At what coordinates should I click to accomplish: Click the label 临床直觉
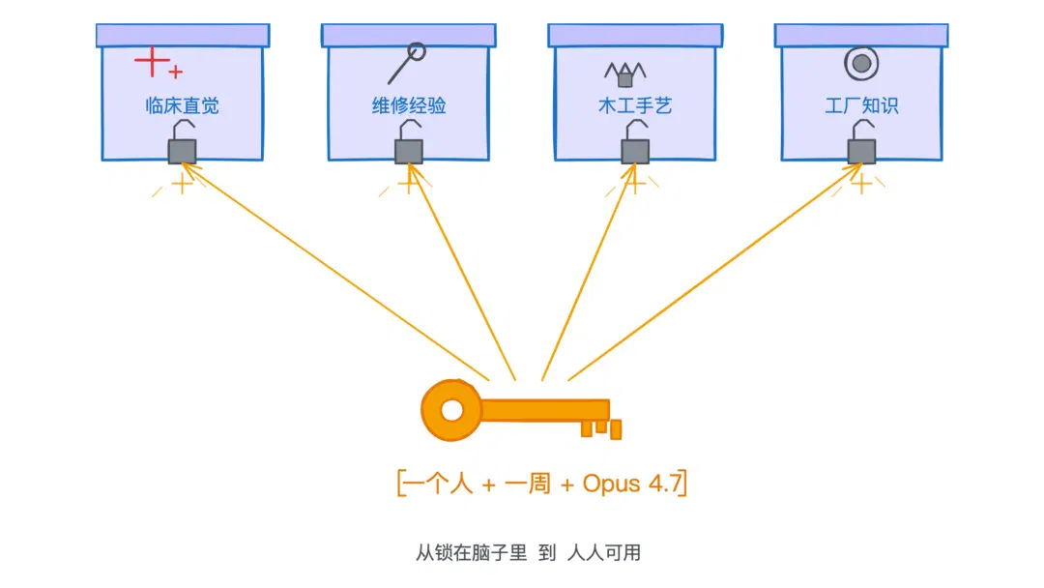point(182,105)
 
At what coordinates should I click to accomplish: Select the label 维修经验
point(409,105)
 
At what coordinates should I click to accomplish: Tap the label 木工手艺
point(635,105)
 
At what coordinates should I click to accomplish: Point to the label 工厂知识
point(861,105)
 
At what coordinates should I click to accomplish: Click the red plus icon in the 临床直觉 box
point(158,63)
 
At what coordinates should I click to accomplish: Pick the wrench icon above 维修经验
point(407,63)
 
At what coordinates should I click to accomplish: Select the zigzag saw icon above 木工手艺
point(625,73)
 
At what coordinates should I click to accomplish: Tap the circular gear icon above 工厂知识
point(861,63)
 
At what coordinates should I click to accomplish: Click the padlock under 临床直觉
point(182,142)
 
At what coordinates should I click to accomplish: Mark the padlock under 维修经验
point(409,142)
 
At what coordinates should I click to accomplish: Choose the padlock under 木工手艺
point(635,142)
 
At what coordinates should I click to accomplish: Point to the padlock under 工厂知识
point(861,142)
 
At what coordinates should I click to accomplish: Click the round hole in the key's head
point(452,410)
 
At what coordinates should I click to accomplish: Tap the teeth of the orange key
point(601,428)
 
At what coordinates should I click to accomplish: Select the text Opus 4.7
point(632,484)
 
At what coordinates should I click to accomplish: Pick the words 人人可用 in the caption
point(604,553)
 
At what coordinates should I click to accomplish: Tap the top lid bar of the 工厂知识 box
point(861,35)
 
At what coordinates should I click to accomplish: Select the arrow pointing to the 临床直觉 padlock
point(335,273)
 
